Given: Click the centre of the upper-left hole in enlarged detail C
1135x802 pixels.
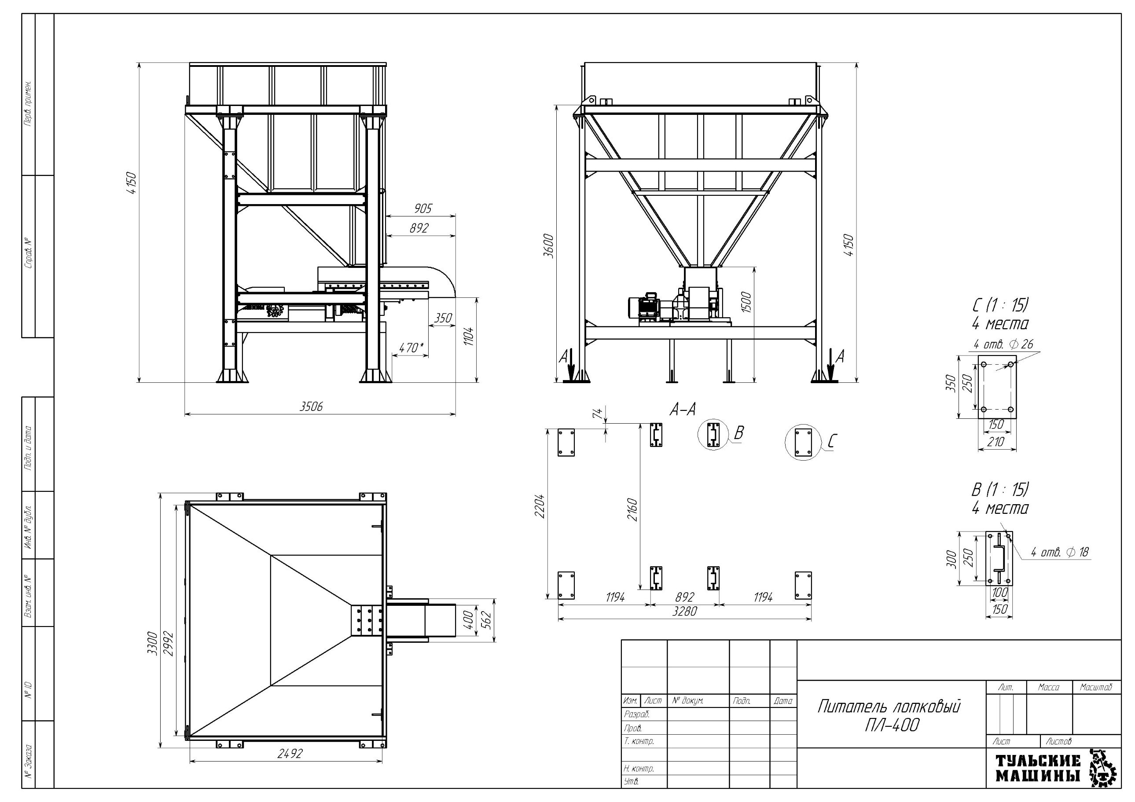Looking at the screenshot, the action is [x=983, y=364].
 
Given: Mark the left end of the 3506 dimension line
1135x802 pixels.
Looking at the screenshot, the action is [x=185, y=414].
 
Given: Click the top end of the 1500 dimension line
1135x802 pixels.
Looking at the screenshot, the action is [x=754, y=267].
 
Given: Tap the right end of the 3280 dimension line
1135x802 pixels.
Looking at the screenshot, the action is [x=811, y=618].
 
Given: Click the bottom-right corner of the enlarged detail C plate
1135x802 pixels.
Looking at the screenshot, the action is [x=1016, y=419].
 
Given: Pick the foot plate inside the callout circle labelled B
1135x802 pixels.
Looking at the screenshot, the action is [x=713, y=435].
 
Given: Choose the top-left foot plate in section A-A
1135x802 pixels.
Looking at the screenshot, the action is [x=566, y=442].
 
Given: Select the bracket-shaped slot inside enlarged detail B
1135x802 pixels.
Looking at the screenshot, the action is [x=999, y=558].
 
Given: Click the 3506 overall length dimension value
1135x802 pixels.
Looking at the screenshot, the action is [x=311, y=406].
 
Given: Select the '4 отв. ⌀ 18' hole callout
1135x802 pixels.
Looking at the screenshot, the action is [x=1060, y=552].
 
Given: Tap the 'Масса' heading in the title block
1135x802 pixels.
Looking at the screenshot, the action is [x=1048, y=687].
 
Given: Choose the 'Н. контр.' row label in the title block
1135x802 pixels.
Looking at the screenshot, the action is [x=639, y=769].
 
